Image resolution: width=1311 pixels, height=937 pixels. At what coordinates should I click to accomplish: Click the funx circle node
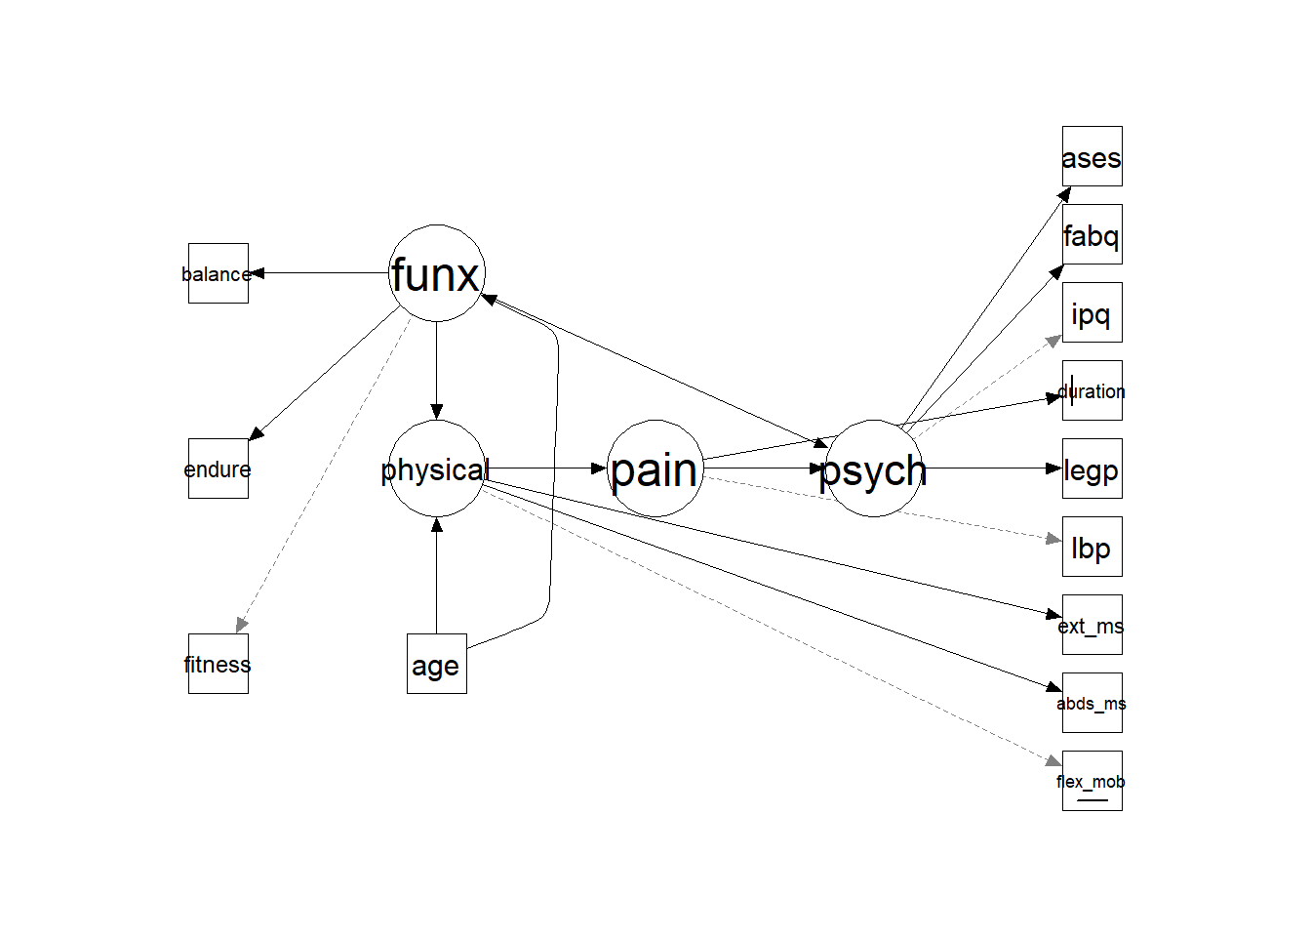click(x=436, y=273)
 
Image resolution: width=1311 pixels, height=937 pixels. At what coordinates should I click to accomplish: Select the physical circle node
click(x=436, y=468)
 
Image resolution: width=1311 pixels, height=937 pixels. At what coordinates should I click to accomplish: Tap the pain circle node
click(x=655, y=468)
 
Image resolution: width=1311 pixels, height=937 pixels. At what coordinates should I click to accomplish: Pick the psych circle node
click(x=873, y=468)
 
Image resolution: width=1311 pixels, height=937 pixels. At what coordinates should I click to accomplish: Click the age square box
click(x=436, y=664)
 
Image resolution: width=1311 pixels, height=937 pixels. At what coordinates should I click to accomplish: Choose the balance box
click(x=218, y=273)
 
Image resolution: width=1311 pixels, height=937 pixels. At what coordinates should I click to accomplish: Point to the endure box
click(x=218, y=468)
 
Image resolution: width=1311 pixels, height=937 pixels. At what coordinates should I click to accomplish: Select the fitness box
click(x=218, y=664)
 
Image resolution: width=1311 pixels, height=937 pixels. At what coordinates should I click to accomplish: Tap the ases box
click(x=1092, y=156)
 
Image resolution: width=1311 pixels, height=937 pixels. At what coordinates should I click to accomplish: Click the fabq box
click(x=1092, y=234)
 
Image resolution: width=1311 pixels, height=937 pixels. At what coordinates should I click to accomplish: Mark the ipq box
click(x=1092, y=312)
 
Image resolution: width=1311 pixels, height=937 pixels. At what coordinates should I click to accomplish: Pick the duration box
click(x=1092, y=390)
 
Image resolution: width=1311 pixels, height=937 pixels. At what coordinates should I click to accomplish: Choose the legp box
click(x=1092, y=468)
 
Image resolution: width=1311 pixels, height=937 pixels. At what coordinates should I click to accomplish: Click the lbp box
click(x=1092, y=547)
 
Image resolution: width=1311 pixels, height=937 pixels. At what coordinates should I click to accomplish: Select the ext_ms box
click(x=1092, y=625)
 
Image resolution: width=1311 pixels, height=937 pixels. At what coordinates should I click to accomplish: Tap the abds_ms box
click(x=1092, y=703)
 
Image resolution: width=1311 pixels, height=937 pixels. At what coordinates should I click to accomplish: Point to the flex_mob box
click(x=1092, y=781)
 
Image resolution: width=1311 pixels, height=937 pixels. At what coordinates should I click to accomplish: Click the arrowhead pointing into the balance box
click(x=258, y=273)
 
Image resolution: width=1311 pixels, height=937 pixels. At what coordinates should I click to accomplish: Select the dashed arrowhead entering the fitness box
click(x=241, y=625)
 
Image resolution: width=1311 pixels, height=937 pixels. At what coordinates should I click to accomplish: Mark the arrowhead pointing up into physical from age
click(x=436, y=525)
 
